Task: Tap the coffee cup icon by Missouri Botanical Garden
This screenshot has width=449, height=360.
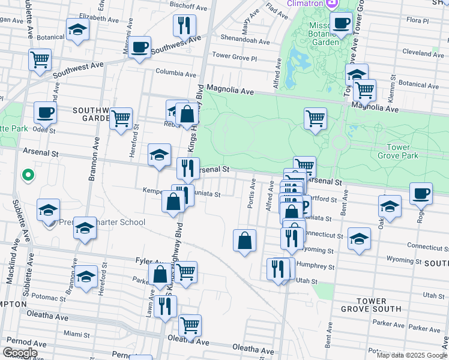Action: pos(342,24)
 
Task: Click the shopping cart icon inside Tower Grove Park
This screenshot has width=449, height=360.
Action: pos(315,118)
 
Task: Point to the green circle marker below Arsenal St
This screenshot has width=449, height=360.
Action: pos(27,176)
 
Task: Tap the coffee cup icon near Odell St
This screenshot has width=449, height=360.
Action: pos(46,112)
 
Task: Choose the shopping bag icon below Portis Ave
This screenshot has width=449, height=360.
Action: pos(244,241)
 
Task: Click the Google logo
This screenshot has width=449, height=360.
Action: pos(20,353)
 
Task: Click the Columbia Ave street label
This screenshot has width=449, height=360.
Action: pos(176,75)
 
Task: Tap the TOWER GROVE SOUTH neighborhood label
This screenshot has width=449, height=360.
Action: pos(379,304)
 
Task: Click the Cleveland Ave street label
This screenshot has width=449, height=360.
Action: pos(423,53)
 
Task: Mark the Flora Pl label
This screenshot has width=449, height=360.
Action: pos(418,20)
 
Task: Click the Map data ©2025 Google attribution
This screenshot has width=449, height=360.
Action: pos(412,355)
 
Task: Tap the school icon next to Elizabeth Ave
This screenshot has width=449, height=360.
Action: pos(77,31)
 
